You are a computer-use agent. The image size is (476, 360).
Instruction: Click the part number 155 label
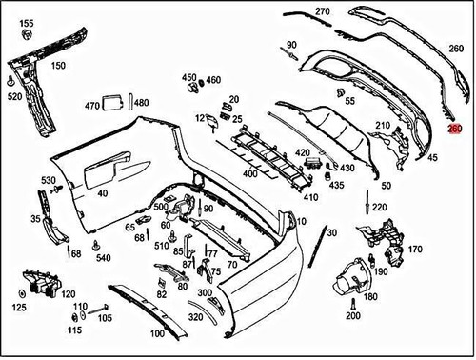pyautogui.click(x=27, y=23)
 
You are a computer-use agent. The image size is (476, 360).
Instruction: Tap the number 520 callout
pyautogui.click(x=14, y=97)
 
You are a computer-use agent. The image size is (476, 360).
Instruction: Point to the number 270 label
pyautogui.click(x=322, y=11)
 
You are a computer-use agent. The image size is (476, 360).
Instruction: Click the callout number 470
pyautogui.click(x=92, y=105)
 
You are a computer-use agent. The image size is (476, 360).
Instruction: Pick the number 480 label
pyautogui.click(x=141, y=103)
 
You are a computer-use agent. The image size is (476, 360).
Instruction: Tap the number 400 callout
pyautogui.click(x=249, y=174)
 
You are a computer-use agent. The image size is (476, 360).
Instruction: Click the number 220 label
pyautogui.click(x=379, y=208)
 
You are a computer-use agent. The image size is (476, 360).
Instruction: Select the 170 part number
pyautogui.click(x=415, y=250)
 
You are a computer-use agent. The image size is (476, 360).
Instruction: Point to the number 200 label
pyautogui.click(x=353, y=315)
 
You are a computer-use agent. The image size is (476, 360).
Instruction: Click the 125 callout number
pyautogui.click(x=19, y=308)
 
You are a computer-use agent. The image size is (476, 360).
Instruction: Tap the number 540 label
pyautogui.click(x=103, y=258)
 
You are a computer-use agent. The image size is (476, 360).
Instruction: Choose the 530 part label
pyautogui.click(x=48, y=180)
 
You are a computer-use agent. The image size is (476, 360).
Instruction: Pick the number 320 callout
pyautogui.click(x=195, y=317)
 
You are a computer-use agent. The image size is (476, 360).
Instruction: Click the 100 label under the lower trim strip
pyautogui.click(x=157, y=334)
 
